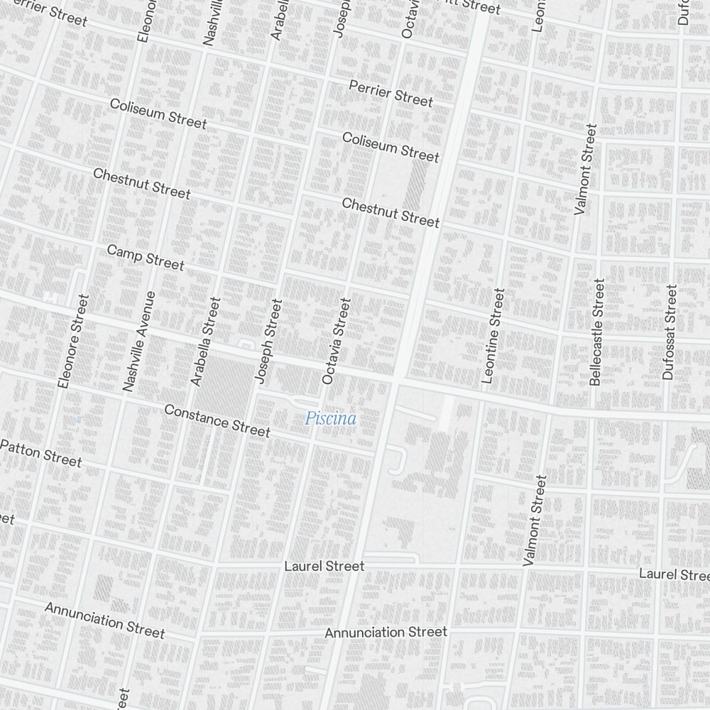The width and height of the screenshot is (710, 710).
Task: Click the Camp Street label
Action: [x=146, y=258]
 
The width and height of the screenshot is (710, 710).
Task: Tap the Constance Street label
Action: [x=217, y=420]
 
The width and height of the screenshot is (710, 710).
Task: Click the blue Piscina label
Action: [x=330, y=419]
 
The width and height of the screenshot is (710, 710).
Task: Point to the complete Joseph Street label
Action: [x=268, y=341]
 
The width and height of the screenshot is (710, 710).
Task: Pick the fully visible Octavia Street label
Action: [x=336, y=341]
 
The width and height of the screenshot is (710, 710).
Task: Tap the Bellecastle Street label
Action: [x=596, y=332]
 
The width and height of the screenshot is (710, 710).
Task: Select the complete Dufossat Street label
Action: [x=669, y=332]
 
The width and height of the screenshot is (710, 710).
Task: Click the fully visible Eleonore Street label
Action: [x=74, y=341]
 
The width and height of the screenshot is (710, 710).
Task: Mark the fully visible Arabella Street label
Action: [x=205, y=341]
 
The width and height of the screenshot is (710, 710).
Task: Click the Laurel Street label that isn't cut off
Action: [x=324, y=566]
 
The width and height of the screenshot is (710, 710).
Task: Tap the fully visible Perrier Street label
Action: [x=390, y=94]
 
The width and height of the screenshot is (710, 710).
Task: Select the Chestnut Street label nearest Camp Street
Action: [x=141, y=183]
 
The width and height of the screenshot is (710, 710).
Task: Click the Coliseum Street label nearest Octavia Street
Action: [x=390, y=146]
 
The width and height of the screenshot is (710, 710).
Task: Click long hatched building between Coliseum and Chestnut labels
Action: [x=416, y=185]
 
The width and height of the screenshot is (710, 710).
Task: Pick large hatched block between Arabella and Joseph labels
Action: [x=227, y=383]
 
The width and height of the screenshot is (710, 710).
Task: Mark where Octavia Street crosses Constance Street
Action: [x=312, y=440]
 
